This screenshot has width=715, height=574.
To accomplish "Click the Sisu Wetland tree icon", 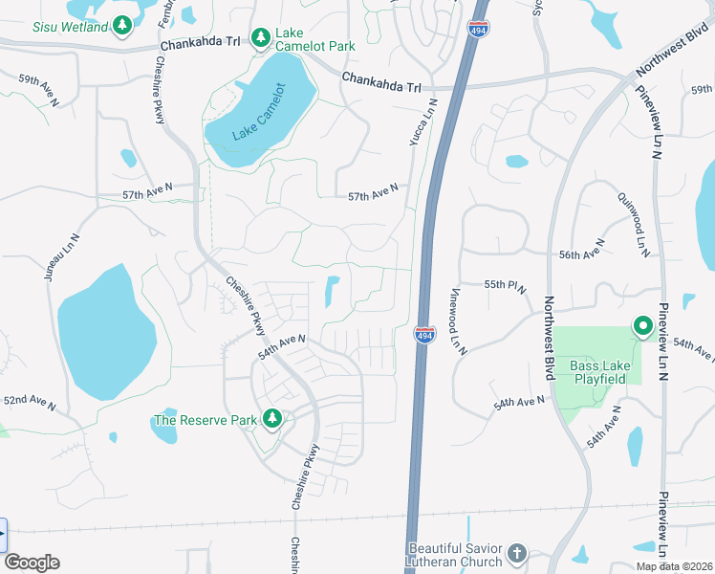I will pyautogui.click(x=121, y=25).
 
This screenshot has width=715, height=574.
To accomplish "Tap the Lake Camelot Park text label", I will pyautogui.click(x=314, y=39).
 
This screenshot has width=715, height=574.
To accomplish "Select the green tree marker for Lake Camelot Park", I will pyautogui.click(x=260, y=37).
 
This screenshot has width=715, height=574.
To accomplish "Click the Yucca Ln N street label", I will pyautogui.click(x=418, y=122).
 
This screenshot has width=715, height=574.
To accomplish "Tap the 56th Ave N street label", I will pyautogui.click(x=581, y=254).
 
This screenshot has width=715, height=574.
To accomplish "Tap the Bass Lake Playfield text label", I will pyautogui.click(x=597, y=372).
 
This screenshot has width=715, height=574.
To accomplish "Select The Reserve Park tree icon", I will pyautogui.click(x=272, y=419).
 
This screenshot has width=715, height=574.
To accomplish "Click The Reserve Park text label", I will pyautogui.click(x=206, y=420).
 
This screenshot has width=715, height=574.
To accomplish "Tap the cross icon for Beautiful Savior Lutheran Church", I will pyautogui.click(x=516, y=553).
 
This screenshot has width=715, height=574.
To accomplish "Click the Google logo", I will pyautogui.click(x=32, y=563).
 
